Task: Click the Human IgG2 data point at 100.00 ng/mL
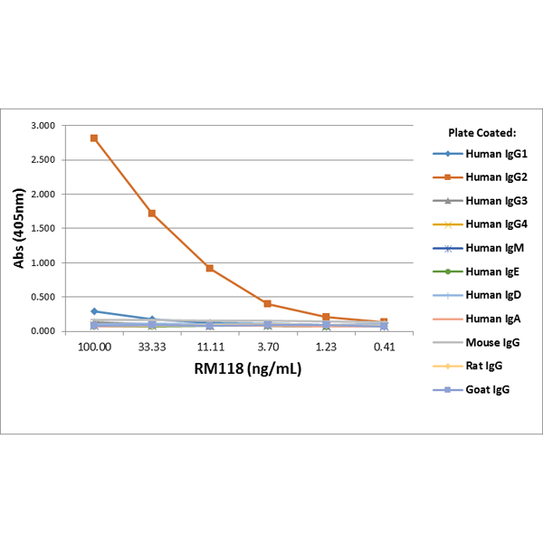click(94, 138)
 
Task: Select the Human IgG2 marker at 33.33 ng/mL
click(152, 214)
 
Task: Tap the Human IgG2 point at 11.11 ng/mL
click(210, 268)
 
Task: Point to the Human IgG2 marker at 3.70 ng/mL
click(268, 304)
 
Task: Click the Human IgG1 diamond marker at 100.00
click(94, 311)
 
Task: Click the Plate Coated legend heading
click(481, 132)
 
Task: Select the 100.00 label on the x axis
click(94, 348)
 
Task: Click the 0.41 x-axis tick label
click(384, 348)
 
